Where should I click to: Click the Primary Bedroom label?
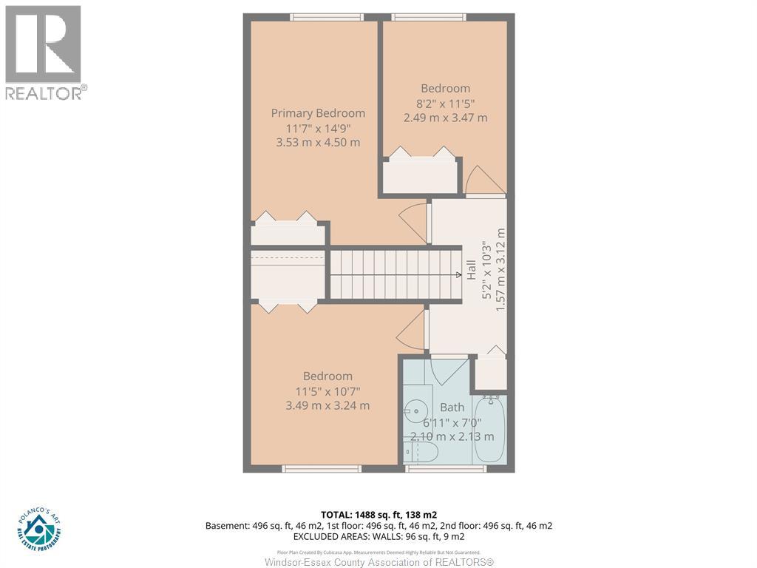[x=318, y=113]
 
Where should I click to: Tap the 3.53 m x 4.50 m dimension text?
[x=318, y=142]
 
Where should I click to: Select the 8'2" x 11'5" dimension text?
[x=445, y=103]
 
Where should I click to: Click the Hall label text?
[x=471, y=269]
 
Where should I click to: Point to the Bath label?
[x=452, y=407]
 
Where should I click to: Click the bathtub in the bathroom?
[x=489, y=429]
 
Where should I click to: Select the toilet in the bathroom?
[x=421, y=451]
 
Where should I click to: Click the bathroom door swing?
[x=447, y=369]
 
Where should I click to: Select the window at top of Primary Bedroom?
[x=327, y=17]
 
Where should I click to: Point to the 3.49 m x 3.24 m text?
[x=327, y=405]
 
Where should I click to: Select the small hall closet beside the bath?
[x=490, y=373]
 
